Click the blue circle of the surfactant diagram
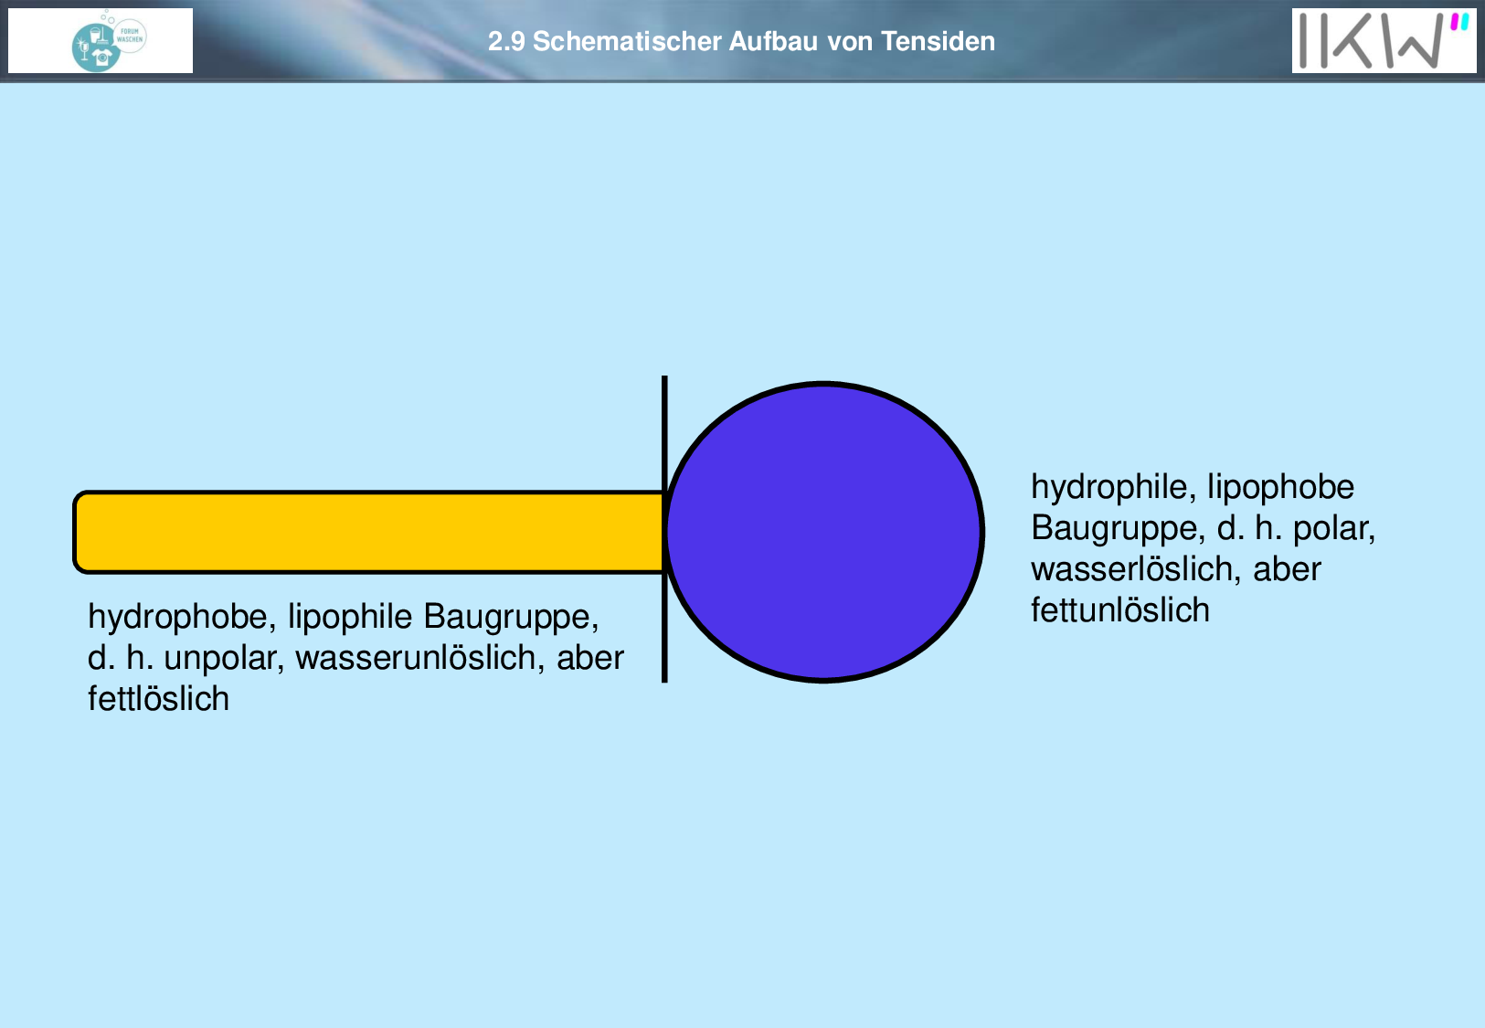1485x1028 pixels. pos(823,532)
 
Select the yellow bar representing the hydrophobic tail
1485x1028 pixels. pos(368,532)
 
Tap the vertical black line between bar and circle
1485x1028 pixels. pos(664,529)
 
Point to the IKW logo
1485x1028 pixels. pos(1384,40)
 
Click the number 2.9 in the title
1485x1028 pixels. pos(506,42)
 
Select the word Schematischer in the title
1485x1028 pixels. pos(627,42)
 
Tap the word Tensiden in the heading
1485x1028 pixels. pos(938,42)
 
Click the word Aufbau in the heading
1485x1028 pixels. pos(774,42)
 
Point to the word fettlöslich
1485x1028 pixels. pos(158,699)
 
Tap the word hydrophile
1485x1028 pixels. pos(1114,487)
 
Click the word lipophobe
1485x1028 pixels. pos(1281,487)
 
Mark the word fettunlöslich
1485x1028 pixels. pos(1120,610)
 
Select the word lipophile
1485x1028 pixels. pos(350,617)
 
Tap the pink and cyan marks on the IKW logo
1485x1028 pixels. pos(1459,22)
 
